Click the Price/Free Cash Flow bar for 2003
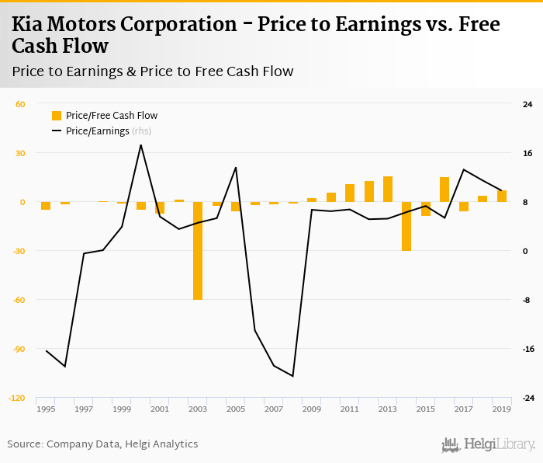pyautogui.click(x=198, y=251)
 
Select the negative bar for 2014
pyautogui.click(x=406, y=226)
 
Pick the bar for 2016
pyautogui.click(x=444, y=190)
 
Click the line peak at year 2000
pyautogui.click(x=140, y=144)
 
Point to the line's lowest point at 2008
pyautogui.click(x=292, y=376)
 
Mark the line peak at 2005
pyautogui.click(x=236, y=167)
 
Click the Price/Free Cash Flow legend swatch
pyautogui.click(x=57, y=116)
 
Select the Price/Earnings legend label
pyautogui.click(x=98, y=131)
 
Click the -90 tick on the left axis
pyautogui.click(x=17, y=349)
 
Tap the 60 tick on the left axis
pyautogui.click(x=21, y=104)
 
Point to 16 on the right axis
pyautogui.click(x=527, y=153)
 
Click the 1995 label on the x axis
pyautogui.click(x=46, y=409)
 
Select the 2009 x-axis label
pyautogui.click(x=312, y=409)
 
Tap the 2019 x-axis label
pyautogui.click(x=501, y=409)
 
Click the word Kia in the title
pyautogui.click(x=29, y=24)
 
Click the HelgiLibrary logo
pyautogui.click(x=488, y=444)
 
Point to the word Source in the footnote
pyautogui.click(x=25, y=444)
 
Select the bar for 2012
pyautogui.click(x=368, y=192)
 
